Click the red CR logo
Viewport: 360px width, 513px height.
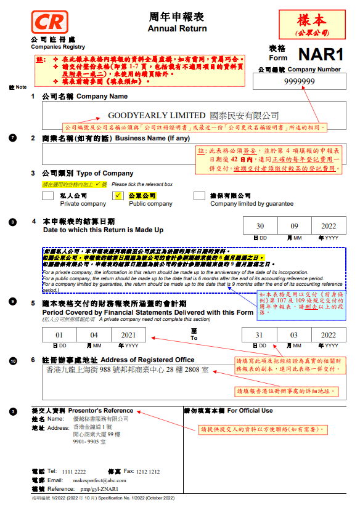(x=48, y=23)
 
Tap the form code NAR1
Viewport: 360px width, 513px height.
(x=320, y=54)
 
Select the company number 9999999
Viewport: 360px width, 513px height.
(x=300, y=81)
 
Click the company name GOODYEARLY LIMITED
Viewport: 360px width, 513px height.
(x=156, y=115)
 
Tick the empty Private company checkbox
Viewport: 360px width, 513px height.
(x=47, y=196)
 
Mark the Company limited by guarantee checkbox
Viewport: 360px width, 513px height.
(x=199, y=196)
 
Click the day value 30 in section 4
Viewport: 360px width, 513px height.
(x=260, y=227)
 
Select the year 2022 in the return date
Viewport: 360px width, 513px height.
(x=329, y=227)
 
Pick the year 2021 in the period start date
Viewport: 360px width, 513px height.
(x=128, y=335)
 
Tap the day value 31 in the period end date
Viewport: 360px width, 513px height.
(x=260, y=335)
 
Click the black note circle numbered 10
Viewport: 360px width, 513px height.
(x=14, y=360)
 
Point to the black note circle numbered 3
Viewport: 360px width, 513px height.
(x=14, y=411)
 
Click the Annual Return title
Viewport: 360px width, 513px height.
(x=170, y=29)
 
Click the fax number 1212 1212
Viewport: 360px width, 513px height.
(x=147, y=471)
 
